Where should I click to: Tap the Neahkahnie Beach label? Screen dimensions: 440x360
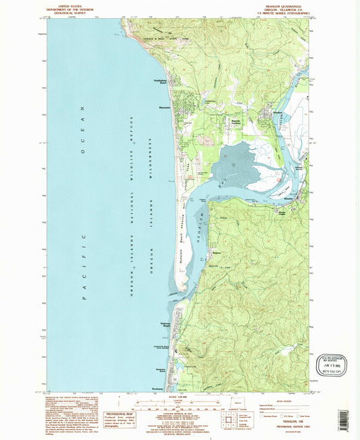coord(156,83)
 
